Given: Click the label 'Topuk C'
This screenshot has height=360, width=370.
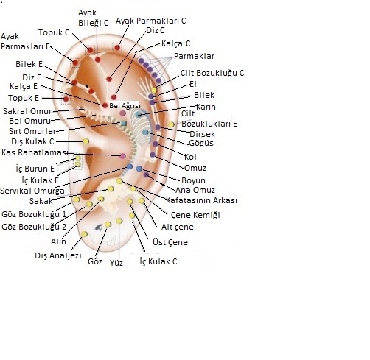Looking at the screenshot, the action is pyautogui.click(x=54, y=32).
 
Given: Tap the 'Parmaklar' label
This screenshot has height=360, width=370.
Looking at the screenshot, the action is pyautogui.click(x=194, y=56).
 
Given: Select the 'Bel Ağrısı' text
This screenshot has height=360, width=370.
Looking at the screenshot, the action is pyautogui.click(x=125, y=106).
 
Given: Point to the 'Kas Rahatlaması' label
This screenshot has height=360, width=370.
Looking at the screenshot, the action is pyautogui.click(x=35, y=152).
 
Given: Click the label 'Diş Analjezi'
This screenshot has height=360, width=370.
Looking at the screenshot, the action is pyautogui.click(x=58, y=255).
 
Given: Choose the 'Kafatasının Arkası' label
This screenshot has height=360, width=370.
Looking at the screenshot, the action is pyautogui.click(x=202, y=200).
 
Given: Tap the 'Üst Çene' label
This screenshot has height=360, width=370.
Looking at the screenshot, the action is pyautogui.click(x=170, y=242).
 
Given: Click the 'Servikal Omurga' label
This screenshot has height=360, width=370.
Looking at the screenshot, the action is pyautogui.click(x=32, y=191).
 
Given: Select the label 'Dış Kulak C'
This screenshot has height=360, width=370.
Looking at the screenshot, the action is pyautogui.click(x=32, y=141).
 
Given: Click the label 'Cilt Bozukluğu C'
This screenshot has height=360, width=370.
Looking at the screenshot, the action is pyautogui.click(x=212, y=73).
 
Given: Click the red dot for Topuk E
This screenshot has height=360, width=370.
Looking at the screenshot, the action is pyautogui.click(x=66, y=99).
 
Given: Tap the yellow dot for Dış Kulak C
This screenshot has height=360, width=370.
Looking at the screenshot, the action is pyautogui.click(x=85, y=141).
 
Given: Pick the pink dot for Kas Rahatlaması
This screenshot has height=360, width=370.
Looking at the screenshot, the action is pyautogui.click(x=122, y=156).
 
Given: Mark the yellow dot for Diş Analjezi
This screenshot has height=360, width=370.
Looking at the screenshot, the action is pyautogui.click(x=84, y=234).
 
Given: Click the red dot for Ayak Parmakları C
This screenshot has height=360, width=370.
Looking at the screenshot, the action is pyautogui.click(x=117, y=47).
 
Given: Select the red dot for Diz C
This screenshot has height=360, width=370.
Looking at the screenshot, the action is pyautogui.click(x=109, y=79).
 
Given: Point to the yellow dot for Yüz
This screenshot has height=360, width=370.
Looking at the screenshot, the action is pyautogui.click(x=119, y=221).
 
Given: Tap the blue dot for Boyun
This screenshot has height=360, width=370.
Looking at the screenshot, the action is pyautogui.click(x=139, y=169).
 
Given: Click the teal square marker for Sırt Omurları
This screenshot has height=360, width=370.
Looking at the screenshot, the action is pyautogui.click(x=124, y=123).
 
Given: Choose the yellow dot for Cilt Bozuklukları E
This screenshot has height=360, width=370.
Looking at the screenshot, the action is pyautogui.click(x=171, y=124).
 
